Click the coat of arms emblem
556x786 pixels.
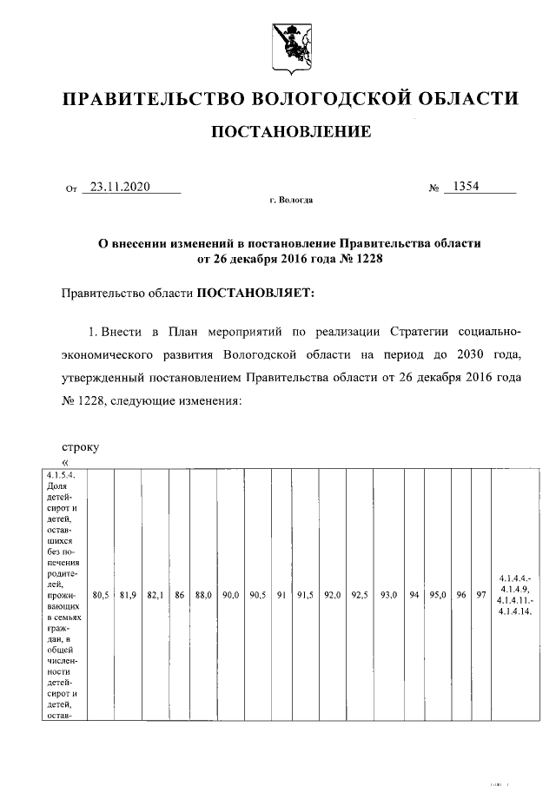point(290,45)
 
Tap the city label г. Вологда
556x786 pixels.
point(291,201)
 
